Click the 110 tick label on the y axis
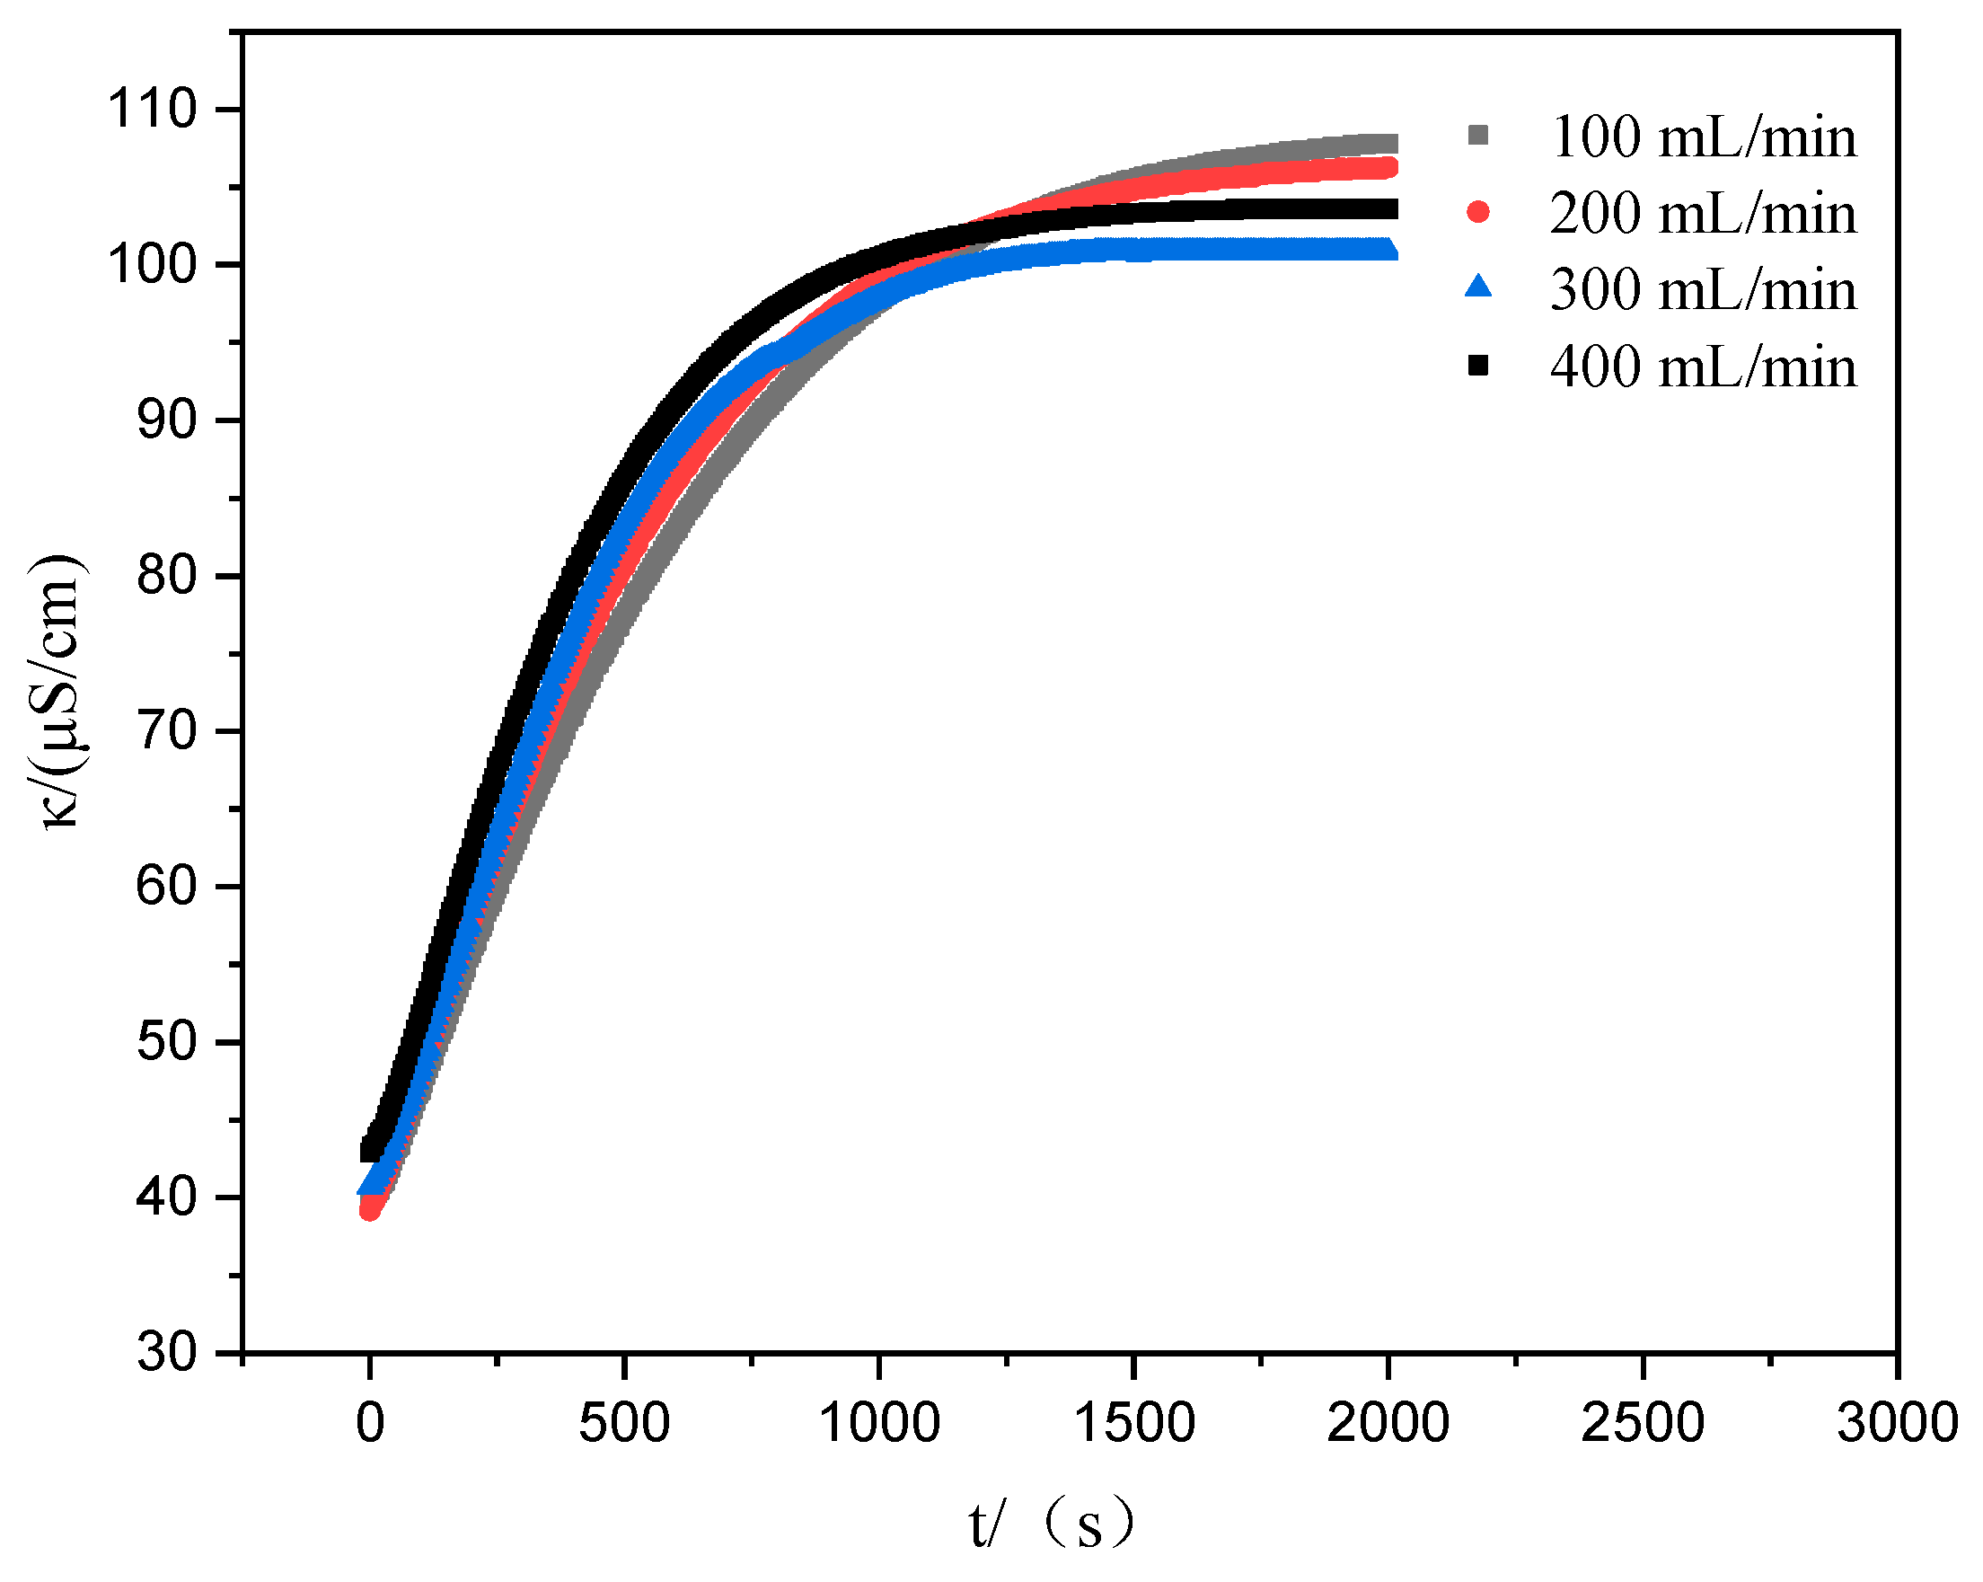[x=152, y=110]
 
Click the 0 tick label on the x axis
[x=370, y=1423]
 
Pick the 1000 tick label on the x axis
[x=878, y=1423]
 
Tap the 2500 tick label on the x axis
[x=1642, y=1423]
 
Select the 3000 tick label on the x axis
[x=1897, y=1423]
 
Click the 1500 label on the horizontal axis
[x=1133, y=1423]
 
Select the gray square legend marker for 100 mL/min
[x=1478, y=136]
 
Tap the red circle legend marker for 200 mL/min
[x=1478, y=213]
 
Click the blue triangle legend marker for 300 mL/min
[x=1478, y=287]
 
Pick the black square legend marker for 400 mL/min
[x=1478, y=366]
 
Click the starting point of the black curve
[x=371, y=1150]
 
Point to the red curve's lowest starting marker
[x=370, y=1210]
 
